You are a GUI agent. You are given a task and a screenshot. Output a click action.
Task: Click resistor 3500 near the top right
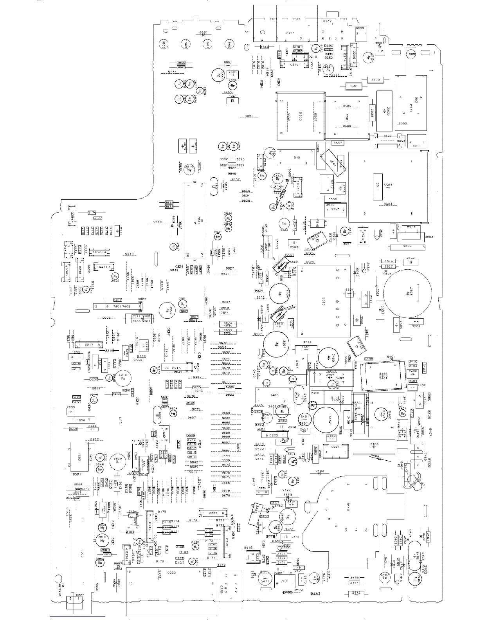tap(375, 80)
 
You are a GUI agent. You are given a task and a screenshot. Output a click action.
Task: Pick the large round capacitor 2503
tap(408, 292)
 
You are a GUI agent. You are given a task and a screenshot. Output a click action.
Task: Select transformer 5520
tap(323, 301)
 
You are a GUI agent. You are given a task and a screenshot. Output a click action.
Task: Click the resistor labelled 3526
tap(388, 261)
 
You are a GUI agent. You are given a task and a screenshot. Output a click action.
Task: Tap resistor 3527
tap(388, 267)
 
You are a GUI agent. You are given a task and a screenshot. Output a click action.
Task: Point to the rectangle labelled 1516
tap(296, 157)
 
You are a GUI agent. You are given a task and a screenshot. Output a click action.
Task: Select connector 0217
tap(89, 344)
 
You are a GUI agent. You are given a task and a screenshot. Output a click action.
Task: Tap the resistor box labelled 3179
tap(92, 213)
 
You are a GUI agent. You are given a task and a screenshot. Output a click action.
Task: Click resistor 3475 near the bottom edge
tap(354, 578)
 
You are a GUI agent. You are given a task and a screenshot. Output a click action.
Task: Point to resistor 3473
tap(281, 554)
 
